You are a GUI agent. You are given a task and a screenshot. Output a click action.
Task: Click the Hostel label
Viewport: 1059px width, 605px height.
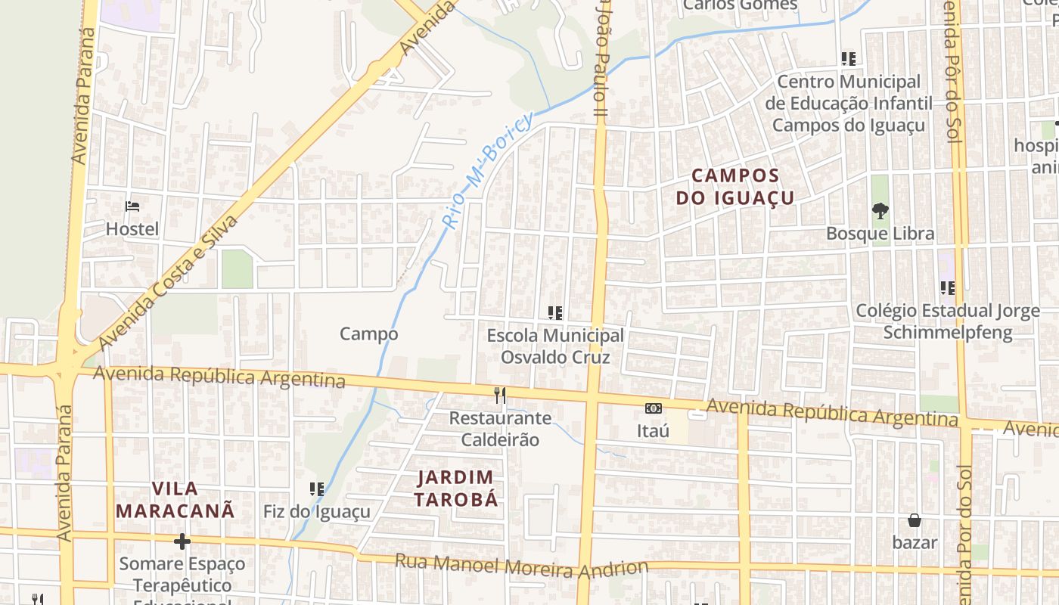[x=132, y=229]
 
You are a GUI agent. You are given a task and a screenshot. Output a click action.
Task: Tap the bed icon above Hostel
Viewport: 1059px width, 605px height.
[x=132, y=206]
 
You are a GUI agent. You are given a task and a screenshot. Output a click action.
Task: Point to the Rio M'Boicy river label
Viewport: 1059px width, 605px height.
[x=488, y=171]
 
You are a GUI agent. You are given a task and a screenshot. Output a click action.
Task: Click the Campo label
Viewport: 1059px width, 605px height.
[x=368, y=334]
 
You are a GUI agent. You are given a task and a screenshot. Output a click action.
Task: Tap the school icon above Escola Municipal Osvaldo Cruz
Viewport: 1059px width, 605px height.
[x=555, y=312]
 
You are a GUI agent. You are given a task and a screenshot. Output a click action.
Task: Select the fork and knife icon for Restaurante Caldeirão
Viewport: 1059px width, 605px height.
[x=499, y=395]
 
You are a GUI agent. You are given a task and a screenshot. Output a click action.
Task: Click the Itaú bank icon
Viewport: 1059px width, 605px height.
[x=654, y=408]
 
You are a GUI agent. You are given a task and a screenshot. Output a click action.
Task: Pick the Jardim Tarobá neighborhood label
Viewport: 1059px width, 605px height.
[x=457, y=489]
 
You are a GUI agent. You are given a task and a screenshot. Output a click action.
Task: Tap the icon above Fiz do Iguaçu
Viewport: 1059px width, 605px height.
[x=317, y=489]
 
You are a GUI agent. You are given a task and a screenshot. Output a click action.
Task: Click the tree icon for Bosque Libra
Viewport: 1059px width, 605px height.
[x=880, y=211]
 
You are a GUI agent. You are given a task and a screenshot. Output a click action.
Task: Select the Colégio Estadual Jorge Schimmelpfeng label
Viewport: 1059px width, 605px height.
[x=948, y=321]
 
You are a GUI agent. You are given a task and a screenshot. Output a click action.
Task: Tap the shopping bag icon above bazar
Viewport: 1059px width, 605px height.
[x=915, y=520]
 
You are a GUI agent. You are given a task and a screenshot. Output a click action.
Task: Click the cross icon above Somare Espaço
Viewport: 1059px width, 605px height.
[x=182, y=541]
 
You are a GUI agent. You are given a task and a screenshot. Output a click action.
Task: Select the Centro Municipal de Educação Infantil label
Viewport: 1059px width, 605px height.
[x=849, y=103]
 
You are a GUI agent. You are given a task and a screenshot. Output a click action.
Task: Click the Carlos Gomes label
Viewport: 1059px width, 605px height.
[x=740, y=6]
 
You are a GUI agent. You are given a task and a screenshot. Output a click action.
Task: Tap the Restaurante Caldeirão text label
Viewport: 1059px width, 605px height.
[x=500, y=428]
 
